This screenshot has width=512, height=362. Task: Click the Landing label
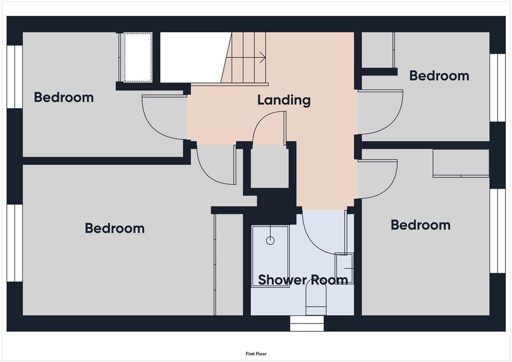click(284, 100)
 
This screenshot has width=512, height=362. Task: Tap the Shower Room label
click(303, 280)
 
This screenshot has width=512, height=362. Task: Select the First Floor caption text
click(256, 354)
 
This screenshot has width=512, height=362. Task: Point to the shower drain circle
click(270, 241)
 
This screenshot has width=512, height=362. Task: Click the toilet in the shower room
click(316, 299)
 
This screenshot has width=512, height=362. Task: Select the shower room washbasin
click(344, 269)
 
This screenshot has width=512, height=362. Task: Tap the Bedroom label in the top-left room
click(64, 98)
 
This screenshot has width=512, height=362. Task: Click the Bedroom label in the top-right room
click(439, 76)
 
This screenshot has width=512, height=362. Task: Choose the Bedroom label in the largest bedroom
click(115, 228)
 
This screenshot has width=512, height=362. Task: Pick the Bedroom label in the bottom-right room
click(420, 225)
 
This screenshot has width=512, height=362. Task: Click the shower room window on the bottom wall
click(307, 323)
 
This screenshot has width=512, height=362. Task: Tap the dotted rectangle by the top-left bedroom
click(138, 57)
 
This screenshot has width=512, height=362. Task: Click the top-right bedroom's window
click(498, 88)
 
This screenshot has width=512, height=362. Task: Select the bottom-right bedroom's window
click(498, 231)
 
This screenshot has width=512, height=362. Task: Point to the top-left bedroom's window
click(14, 77)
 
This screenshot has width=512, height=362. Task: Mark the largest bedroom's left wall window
click(14, 243)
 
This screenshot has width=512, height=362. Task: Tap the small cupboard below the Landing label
click(270, 166)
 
